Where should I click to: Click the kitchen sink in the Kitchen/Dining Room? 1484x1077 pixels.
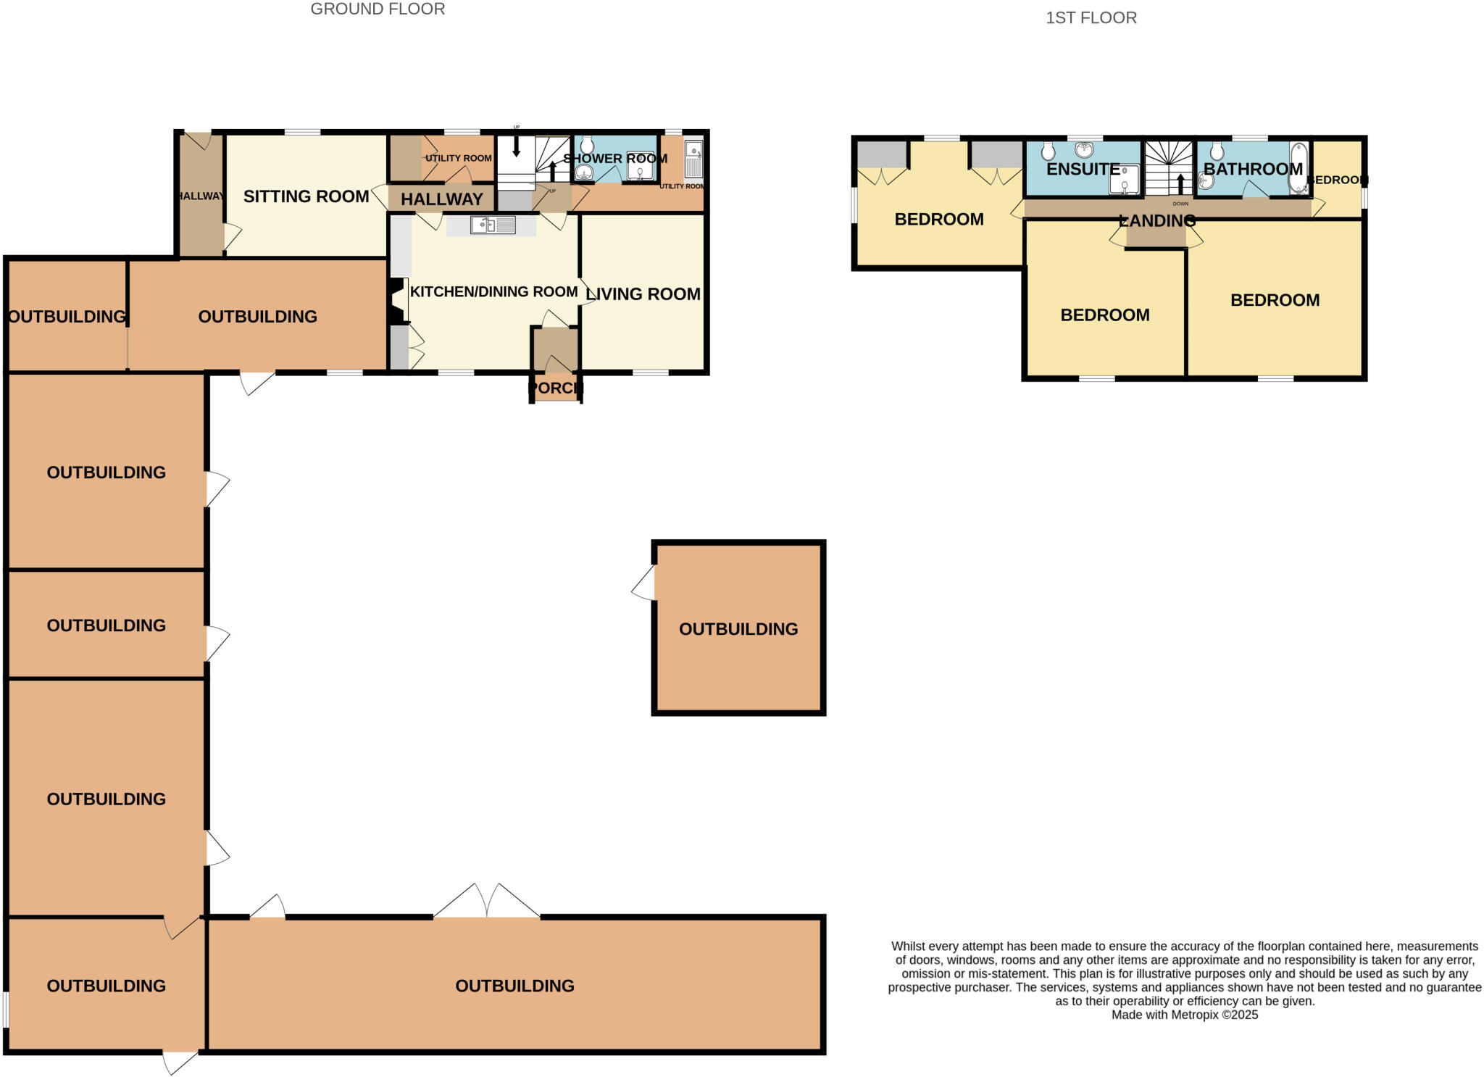[x=493, y=225]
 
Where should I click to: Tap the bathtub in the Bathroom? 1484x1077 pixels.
[x=1298, y=168]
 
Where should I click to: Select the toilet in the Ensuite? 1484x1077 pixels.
[x=1048, y=151]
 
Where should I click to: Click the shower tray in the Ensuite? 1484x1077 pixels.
[x=1124, y=180]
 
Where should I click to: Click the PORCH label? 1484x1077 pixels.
[x=555, y=388]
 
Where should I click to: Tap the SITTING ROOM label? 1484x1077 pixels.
[x=306, y=196]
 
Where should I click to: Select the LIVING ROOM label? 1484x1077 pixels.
[x=643, y=294]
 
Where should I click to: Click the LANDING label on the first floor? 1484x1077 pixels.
[x=1156, y=220]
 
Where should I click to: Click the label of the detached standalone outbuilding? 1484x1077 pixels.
[x=738, y=628]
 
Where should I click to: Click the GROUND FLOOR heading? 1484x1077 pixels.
[x=378, y=9]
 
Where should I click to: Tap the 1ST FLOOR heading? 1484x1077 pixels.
[x=1091, y=18]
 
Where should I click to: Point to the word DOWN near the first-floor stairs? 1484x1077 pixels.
[x=1180, y=204]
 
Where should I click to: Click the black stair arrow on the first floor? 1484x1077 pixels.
[x=1180, y=183]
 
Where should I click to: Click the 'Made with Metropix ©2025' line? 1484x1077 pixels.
[x=1184, y=1015]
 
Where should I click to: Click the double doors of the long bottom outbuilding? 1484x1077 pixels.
[x=486, y=902]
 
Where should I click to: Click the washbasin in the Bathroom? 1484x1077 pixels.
[x=1206, y=178]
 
